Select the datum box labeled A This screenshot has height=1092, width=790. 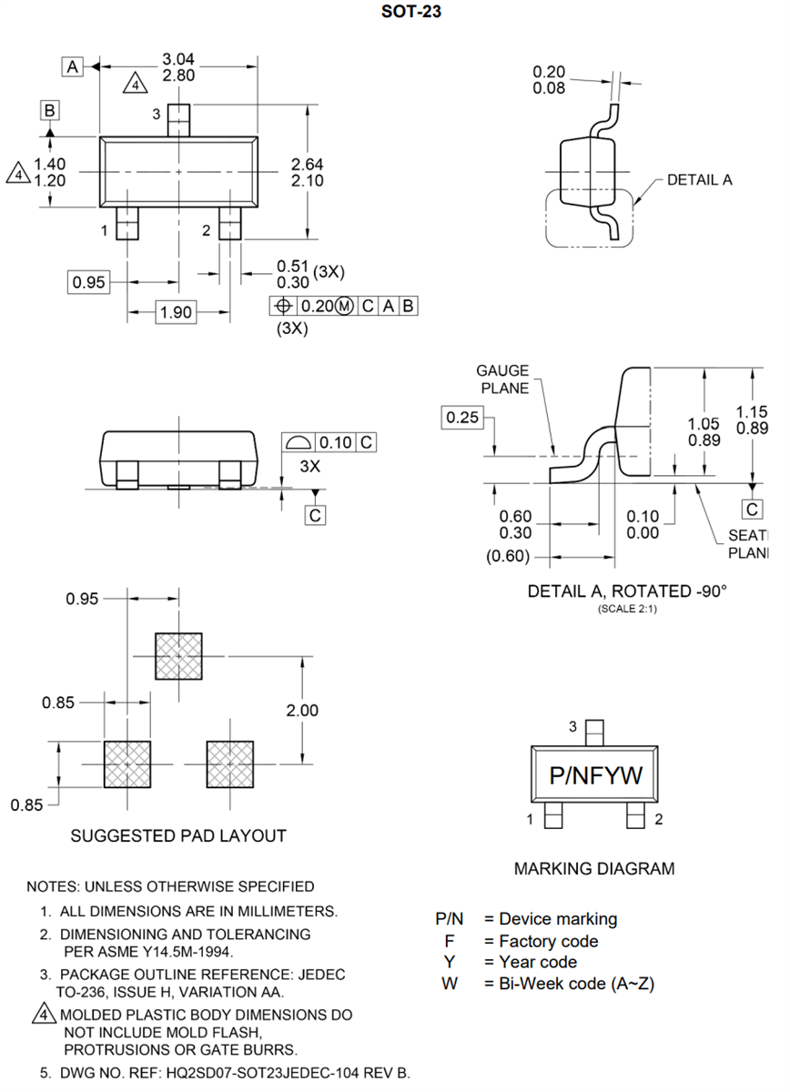(73, 66)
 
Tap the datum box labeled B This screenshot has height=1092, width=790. (50, 111)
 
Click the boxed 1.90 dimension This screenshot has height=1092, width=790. (176, 312)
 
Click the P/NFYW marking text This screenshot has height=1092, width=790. (596, 775)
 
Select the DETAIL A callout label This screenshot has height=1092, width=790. (699, 179)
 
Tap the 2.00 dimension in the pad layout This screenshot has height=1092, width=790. (302, 710)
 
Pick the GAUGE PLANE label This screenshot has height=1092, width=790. (502, 379)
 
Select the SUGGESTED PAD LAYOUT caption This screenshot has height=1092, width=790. (178, 835)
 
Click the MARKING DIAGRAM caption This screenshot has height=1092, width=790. (594, 868)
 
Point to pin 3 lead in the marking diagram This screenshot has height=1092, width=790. (595, 732)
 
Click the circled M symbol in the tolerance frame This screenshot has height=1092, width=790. (344, 306)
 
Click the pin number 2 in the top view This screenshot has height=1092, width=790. (207, 230)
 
